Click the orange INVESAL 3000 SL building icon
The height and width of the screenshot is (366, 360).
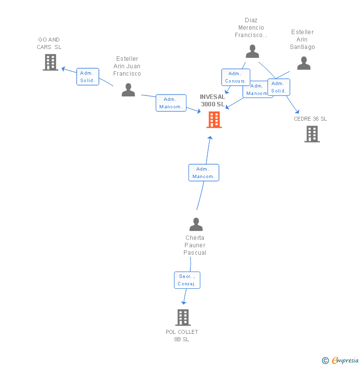tap(214, 120)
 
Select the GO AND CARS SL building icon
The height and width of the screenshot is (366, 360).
tap(50, 62)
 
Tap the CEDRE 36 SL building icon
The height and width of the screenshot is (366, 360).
tap(312, 134)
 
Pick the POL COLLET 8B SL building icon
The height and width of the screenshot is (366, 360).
tap(183, 318)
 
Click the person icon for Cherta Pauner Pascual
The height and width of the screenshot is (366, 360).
tap(196, 225)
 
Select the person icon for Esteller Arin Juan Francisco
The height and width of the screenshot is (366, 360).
tap(129, 90)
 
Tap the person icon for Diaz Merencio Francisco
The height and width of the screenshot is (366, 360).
tap(253, 51)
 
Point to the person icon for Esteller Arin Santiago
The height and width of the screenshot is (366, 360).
tap(304, 63)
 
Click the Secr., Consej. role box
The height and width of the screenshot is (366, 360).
tap(187, 280)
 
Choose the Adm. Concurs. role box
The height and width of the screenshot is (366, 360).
tap(235, 77)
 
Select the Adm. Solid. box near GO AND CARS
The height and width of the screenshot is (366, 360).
tap(88, 77)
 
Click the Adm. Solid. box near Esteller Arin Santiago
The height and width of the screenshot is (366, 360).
tap(278, 87)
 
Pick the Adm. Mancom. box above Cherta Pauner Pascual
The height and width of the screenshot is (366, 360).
tap(204, 173)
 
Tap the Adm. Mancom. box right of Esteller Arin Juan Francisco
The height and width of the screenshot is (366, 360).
tap(171, 103)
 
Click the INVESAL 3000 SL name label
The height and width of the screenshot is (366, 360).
tap(213, 100)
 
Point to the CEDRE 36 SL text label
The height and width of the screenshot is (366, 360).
tap(311, 119)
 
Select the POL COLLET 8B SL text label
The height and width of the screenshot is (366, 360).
tap(182, 335)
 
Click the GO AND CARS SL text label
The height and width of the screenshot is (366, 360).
tap(49, 43)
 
